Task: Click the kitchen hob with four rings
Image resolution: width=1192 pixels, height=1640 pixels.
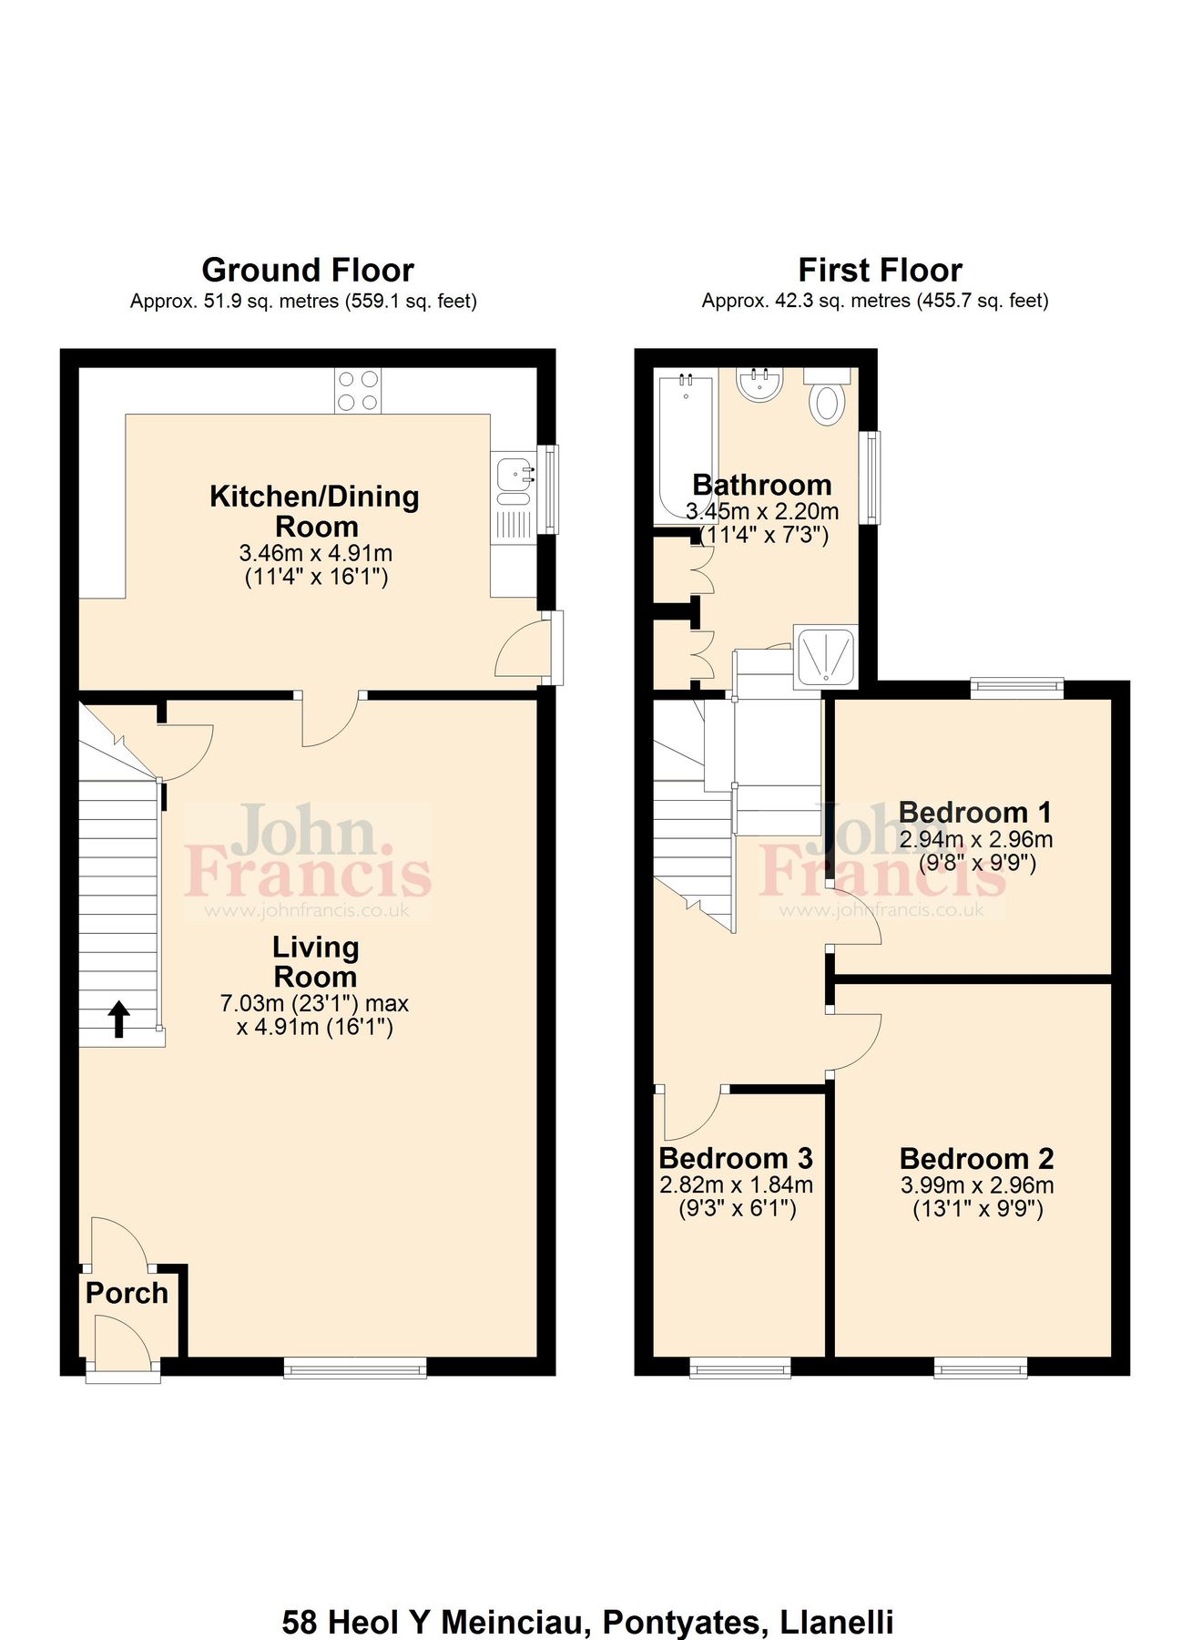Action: point(357,390)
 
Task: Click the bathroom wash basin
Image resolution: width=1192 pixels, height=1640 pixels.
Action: point(759,385)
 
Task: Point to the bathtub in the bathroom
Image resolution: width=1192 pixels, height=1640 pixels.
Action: point(686,446)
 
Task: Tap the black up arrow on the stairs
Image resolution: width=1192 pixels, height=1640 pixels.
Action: point(118,1020)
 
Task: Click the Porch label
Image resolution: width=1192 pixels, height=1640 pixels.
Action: point(127,1293)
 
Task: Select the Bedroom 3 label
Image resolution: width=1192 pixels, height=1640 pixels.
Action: point(736,1158)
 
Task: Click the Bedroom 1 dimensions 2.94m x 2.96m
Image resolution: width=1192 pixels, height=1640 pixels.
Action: point(975,839)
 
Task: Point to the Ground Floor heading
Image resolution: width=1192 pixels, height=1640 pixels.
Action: point(308,270)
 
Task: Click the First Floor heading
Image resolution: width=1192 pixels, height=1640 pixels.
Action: point(880,270)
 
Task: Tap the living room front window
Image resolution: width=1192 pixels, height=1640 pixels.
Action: point(355,1367)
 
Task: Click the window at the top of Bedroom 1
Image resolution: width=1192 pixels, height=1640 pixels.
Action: point(1016,688)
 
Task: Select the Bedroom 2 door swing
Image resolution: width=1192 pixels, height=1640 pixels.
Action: point(856,1043)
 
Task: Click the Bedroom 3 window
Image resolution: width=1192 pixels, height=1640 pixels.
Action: point(739,1367)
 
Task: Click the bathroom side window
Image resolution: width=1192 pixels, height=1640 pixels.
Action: point(871,477)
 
